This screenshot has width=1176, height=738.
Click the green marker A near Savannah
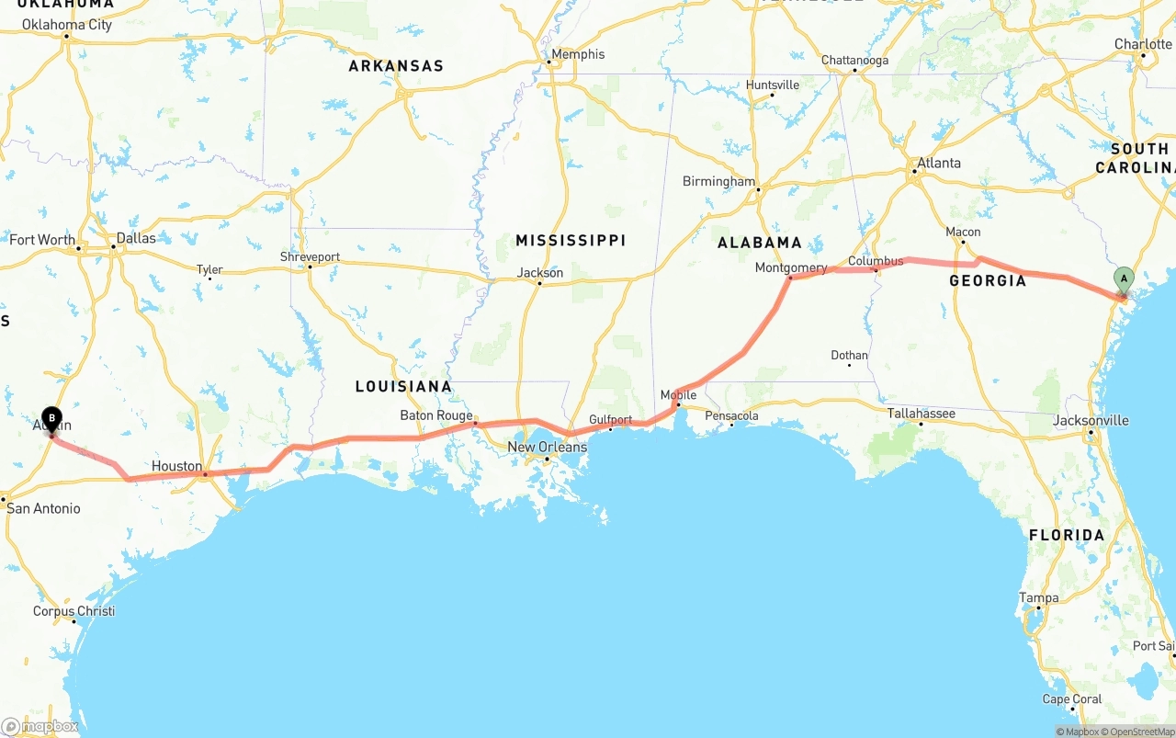tap(1124, 279)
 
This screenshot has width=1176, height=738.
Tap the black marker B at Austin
tap(52, 420)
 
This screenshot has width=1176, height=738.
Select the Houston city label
tap(176, 466)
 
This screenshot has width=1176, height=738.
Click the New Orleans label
tap(548, 447)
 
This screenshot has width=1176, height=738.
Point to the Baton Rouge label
tap(435, 415)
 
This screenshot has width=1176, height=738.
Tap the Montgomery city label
tap(790, 267)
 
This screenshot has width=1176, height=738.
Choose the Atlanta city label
tap(938, 163)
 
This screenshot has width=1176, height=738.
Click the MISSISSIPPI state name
tap(571, 240)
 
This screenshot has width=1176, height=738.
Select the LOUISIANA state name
tap(403, 386)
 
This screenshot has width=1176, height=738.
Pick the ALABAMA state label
tap(760, 243)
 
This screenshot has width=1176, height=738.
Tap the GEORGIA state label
tap(988, 280)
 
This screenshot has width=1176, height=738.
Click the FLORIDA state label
tap(1067, 535)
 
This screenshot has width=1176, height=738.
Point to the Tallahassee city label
tap(921, 414)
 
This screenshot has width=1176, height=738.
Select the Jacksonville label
tap(1091, 420)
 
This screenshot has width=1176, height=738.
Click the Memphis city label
tap(578, 54)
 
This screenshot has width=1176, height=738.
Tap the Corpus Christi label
tap(73, 611)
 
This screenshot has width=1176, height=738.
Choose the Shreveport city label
tap(310, 256)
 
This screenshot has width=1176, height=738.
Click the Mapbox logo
tap(40, 726)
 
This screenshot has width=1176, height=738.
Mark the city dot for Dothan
tap(849, 365)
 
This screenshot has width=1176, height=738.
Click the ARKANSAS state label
tap(396, 66)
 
